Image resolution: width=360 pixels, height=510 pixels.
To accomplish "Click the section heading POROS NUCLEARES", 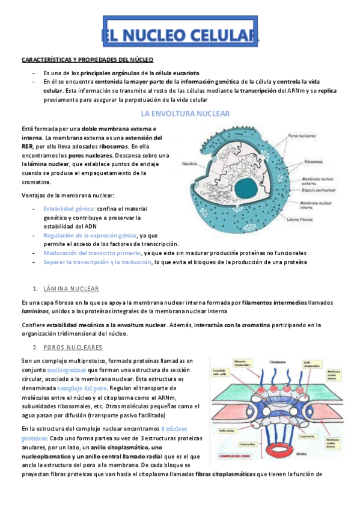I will tap(73, 348).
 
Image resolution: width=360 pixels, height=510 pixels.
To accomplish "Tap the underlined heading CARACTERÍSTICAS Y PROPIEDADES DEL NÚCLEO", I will tap(88, 60).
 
